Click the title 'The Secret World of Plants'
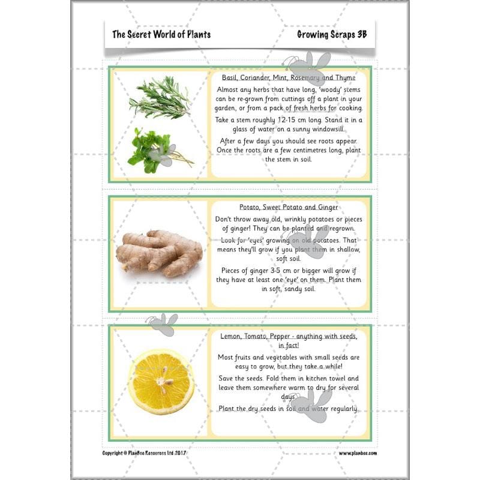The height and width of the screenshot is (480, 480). [x=161, y=34]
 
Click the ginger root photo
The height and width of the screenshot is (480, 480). [x=158, y=252]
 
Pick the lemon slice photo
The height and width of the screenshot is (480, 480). [x=161, y=382]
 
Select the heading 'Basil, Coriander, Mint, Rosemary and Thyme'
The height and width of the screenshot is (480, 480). [x=289, y=78]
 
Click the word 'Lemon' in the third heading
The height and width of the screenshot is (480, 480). [x=232, y=336]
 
